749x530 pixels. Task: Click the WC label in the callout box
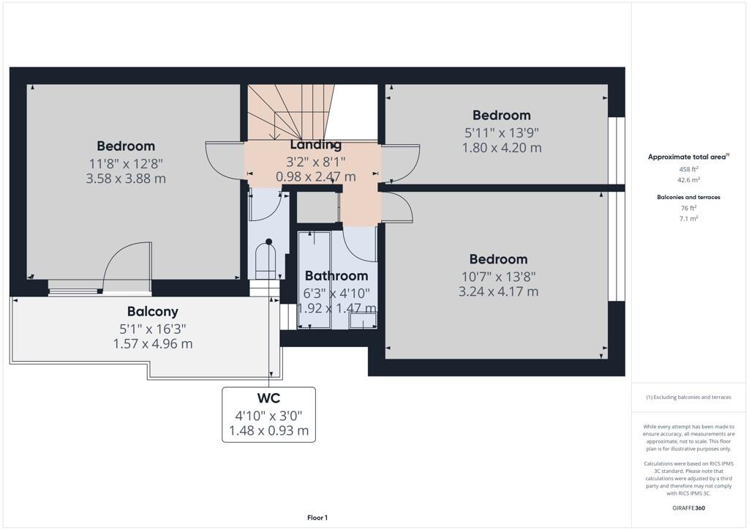coord(269,400)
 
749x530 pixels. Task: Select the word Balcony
coord(153,312)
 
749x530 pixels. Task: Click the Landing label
coord(315,145)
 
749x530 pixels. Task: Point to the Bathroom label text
coord(336,276)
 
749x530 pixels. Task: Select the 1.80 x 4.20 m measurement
coord(501,148)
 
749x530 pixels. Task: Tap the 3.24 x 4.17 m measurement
coord(498,291)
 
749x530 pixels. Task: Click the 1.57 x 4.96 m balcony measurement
coord(153,344)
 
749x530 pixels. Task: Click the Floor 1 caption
coord(317,518)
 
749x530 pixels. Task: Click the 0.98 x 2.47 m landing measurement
coord(315,176)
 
